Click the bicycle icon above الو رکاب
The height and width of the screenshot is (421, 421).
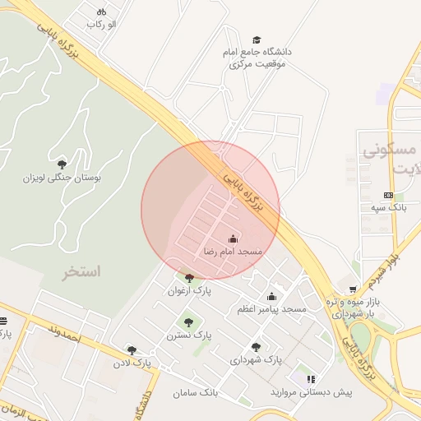[x=101, y=12]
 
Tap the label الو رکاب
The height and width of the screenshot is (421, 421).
[x=102, y=25]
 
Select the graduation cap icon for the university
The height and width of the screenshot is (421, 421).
[x=257, y=39]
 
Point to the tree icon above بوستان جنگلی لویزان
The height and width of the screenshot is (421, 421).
[x=62, y=164]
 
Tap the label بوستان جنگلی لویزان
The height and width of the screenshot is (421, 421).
[x=62, y=177]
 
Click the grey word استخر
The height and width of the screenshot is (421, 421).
[x=81, y=271]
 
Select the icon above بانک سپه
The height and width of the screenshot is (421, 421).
[x=388, y=195]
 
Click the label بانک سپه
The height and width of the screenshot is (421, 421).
[x=388, y=208]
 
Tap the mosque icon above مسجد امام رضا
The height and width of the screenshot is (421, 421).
[x=233, y=238]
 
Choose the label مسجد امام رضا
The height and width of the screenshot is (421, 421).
[x=233, y=252]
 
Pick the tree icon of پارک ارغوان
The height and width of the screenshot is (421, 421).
[x=190, y=278]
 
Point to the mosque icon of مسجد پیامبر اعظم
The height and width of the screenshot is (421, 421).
[x=271, y=296]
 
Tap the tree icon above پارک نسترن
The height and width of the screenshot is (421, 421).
[x=189, y=322]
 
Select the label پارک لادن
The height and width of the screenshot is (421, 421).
[x=132, y=362]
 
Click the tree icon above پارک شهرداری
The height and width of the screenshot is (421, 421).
[x=257, y=347]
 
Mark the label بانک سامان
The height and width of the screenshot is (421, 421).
[x=196, y=393]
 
